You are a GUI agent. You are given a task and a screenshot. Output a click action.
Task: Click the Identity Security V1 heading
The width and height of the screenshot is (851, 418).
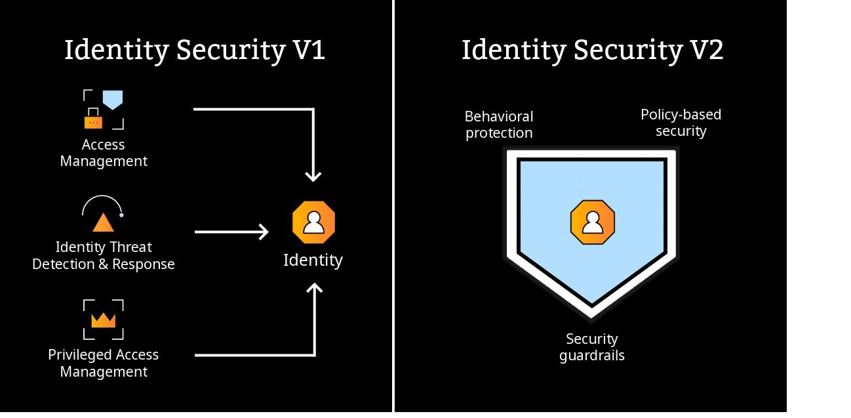point(195,51)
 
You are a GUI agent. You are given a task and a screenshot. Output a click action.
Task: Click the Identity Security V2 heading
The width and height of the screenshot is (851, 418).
point(592,51)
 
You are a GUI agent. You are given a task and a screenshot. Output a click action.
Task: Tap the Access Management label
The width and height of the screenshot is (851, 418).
point(104,153)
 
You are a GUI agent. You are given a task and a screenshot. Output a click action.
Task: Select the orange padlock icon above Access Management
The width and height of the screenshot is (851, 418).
point(94,121)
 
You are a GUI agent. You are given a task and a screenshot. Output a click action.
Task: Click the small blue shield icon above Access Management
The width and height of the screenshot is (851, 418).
point(113,99)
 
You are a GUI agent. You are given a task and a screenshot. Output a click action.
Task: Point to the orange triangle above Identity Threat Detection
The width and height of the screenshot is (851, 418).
point(103,223)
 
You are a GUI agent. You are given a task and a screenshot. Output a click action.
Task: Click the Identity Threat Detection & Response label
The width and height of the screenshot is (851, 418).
point(104,256)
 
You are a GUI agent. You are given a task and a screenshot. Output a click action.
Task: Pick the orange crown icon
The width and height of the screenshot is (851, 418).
point(103,320)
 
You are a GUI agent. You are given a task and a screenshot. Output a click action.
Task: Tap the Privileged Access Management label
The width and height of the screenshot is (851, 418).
point(104,363)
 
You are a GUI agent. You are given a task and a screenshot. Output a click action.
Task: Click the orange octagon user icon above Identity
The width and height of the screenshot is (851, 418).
point(313,223)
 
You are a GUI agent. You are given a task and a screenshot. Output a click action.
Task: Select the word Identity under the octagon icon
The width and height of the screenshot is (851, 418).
point(313,261)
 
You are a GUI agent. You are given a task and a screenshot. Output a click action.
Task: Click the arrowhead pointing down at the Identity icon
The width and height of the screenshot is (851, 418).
point(313,175)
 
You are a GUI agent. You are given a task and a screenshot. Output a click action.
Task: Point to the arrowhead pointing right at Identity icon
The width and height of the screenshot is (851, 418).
point(264,232)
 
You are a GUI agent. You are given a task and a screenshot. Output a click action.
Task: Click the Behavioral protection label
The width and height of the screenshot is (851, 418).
point(499,125)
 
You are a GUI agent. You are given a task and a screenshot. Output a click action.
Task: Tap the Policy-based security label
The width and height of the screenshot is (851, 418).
point(681,123)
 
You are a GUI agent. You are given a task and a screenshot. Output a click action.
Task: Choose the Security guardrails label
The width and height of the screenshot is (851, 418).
point(592,347)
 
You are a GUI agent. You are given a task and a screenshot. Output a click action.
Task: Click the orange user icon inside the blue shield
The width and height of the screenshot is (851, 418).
point(593,223)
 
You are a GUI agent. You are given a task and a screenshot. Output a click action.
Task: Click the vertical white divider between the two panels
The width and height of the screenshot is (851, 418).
point(393,209)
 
